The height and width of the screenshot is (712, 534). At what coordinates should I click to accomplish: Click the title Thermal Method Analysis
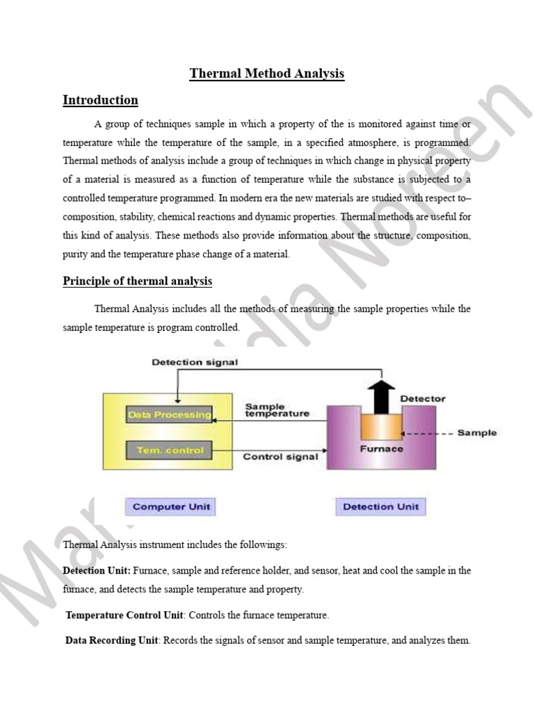[x=266, y=74]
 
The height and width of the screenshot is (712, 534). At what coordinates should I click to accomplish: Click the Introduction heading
[x=100, y=100]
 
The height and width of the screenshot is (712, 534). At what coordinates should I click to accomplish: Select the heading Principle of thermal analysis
[x=137, y=281]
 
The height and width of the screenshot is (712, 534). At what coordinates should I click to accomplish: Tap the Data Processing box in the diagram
[x=169, y=415]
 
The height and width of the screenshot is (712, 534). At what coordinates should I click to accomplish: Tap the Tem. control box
[x=169, y=451]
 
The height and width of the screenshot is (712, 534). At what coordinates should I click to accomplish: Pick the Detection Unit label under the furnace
[x=380, y=506]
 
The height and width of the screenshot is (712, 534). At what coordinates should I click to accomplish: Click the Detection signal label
[x=195, y=362]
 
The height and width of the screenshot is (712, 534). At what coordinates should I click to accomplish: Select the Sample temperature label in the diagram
[x=277, y=410]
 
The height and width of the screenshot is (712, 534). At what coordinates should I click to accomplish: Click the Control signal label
[x=280, y=457]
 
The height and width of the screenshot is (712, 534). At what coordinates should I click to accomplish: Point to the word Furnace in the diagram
[x=381, y=449]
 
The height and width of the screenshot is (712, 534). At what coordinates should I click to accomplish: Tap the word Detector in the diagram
[x=423, y=399]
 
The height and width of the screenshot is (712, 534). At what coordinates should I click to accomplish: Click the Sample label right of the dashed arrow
[x=477, y=432]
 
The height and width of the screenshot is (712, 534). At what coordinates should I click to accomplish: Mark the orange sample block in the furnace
[x=381, y=424]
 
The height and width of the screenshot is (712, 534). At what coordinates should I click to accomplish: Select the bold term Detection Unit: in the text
[x=97, y=571]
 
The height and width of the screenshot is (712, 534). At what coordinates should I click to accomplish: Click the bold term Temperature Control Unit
[x=124, y=615]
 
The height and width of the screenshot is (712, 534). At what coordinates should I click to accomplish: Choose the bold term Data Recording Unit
[x=112, y=640]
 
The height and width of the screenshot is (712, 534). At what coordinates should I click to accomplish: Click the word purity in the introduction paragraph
[x=76, y=254]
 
